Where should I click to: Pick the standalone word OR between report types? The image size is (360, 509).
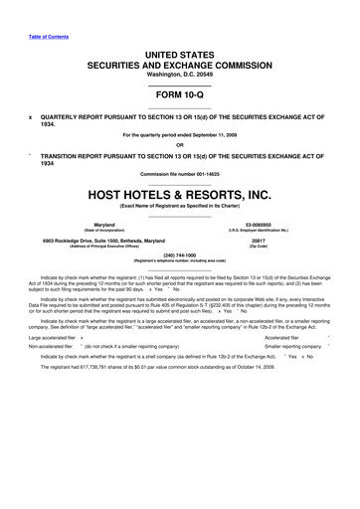pos(180,143)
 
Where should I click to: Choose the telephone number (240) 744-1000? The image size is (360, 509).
pos(180,256)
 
